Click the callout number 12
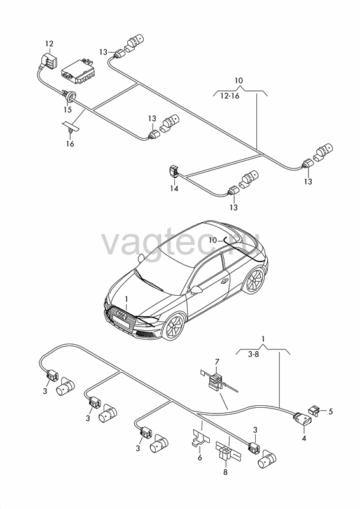click(49, 43)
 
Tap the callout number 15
click(67, 109)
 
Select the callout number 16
click(70, 144)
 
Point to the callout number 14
click(174, 188)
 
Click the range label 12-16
click(230, 96)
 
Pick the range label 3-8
click(254, 354)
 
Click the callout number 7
click(217, 361)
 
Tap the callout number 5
click(331, 412)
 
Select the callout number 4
click(304, 438)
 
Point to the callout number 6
click(200, 457)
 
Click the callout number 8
click(225, 472)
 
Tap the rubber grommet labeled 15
click(71, 97)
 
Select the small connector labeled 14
click(174, 171)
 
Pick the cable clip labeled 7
click(216, 382)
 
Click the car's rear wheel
click(254, 281)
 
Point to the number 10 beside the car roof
click(213, 241)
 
